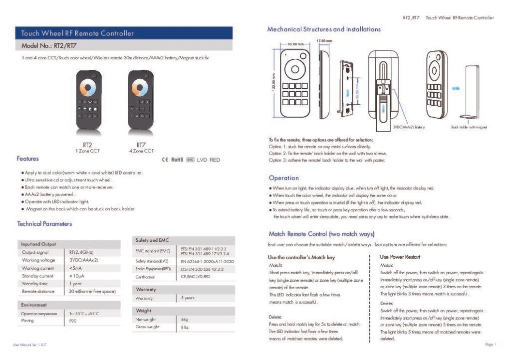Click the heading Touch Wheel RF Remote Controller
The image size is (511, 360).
click(x=77, y=33)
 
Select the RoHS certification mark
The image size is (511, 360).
click(x=178, y=160)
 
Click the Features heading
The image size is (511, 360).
click(x=27, y=159)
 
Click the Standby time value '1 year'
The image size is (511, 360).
click(x=75, y=283)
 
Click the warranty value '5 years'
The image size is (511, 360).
click(x=188, y=298)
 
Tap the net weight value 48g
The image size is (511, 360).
click(x=184, y=319)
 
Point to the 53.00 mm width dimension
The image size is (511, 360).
click(x=295, y=45)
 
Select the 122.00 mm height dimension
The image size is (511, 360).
click(x=273, y=82)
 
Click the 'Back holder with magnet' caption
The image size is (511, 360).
click(x=469, y=127)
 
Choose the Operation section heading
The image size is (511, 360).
click(x=283, y=178)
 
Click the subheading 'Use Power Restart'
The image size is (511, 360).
click(x=400, y=257)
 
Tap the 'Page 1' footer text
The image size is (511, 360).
click(x=489, y=344)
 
